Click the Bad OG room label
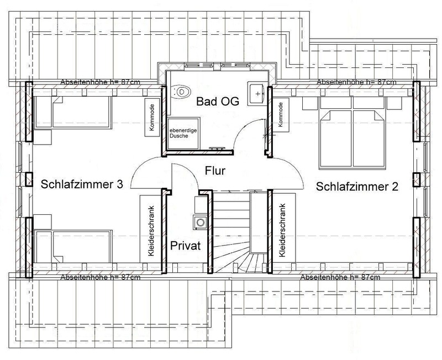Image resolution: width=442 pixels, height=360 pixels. click(x=214, y=102)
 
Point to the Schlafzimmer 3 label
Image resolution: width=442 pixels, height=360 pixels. click(x=81, y=184)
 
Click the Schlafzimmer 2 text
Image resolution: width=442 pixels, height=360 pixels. click(x=357, y=187)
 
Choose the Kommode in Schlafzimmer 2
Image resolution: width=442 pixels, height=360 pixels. click(x=281, y=115)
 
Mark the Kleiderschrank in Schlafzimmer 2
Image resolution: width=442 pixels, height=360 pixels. click(x=282, y=230)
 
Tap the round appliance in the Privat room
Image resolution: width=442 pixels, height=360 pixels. click(x=199, y=222)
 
